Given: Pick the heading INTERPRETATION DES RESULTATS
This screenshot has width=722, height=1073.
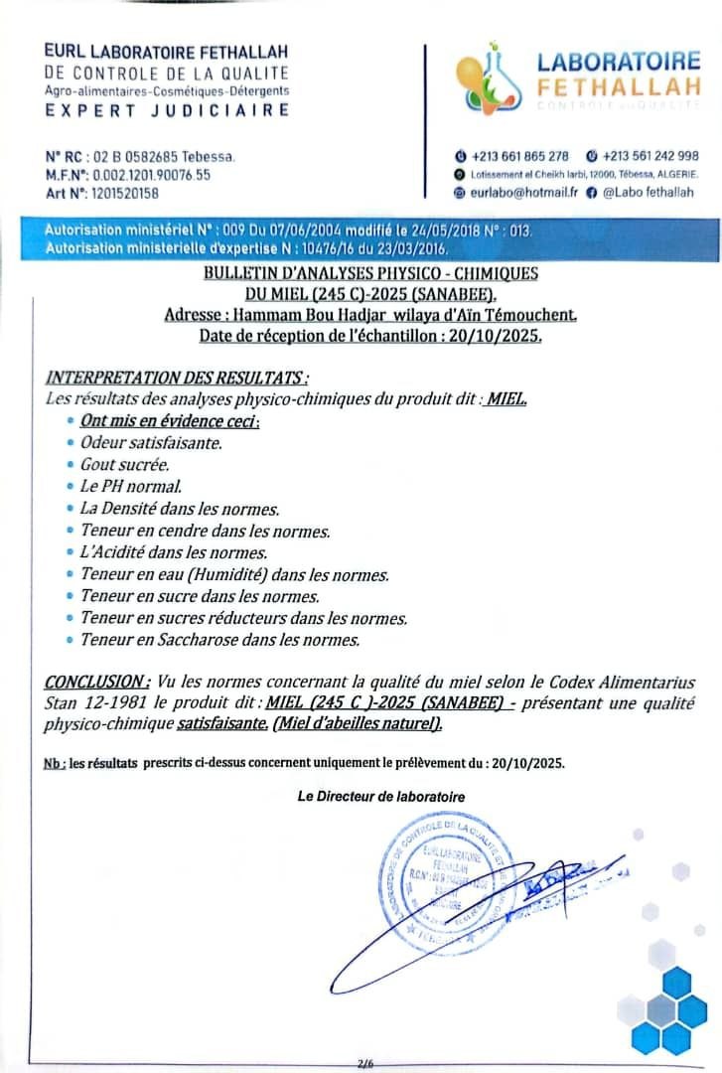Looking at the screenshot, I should click(177, 378).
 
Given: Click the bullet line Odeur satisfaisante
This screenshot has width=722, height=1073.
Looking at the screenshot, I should click(151, 443).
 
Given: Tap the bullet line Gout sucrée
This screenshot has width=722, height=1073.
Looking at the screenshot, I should click(125, 465).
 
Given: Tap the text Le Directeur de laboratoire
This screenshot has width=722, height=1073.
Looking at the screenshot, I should click(381, 797).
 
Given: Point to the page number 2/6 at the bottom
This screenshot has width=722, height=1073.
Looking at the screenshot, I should click(364, 1063).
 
